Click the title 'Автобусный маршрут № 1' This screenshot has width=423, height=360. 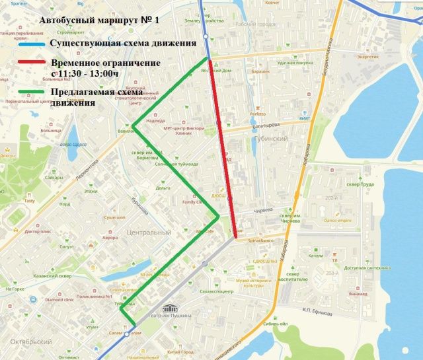100,20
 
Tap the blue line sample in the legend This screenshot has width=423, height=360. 23,44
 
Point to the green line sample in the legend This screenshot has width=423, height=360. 23,93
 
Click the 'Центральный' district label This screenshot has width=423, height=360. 149,233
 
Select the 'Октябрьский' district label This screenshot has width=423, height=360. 27,342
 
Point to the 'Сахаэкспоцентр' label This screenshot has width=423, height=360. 216,291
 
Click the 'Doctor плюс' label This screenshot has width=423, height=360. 38,231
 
